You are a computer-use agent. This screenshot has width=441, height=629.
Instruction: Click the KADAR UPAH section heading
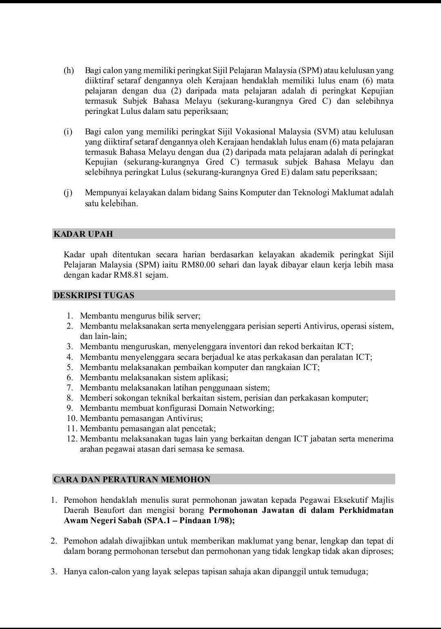click(83, 234)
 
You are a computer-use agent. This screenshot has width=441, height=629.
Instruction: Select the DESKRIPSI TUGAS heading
click(94, 295)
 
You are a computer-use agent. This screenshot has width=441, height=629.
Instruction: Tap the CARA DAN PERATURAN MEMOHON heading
click(132, 480)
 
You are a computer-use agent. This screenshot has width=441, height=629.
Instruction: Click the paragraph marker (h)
click(69, 71)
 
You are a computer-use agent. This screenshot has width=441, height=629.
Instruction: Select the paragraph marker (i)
click(68, 132)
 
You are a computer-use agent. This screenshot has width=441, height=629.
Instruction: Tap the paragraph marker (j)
click(68, 192)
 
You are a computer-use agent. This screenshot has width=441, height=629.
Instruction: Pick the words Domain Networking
click(236, 408)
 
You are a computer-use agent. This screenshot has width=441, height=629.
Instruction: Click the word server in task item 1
click(186, 316)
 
